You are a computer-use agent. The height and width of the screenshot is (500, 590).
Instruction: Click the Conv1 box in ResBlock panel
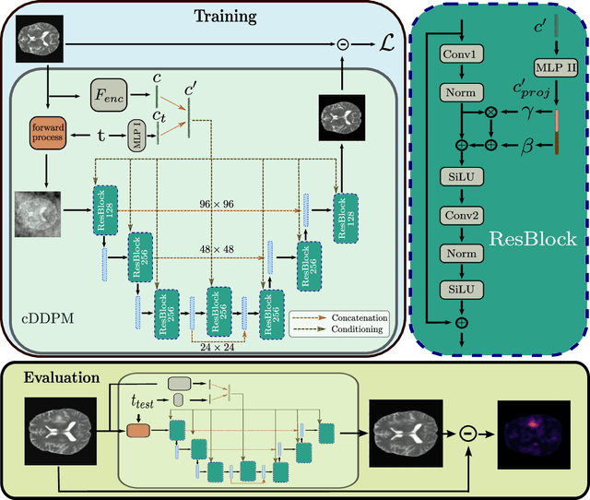pos(464,54)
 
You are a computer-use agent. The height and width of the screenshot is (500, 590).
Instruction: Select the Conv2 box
pos(464,220)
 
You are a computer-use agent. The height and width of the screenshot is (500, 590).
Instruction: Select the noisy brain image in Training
pos(40,216)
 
